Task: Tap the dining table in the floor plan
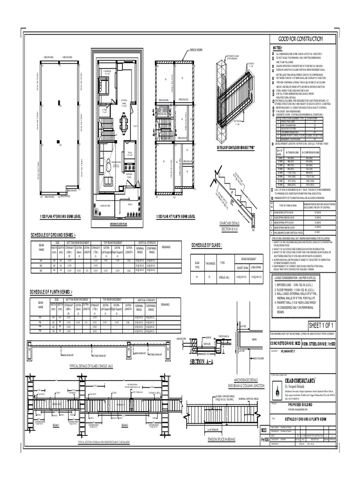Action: click(x=123, y=123)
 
